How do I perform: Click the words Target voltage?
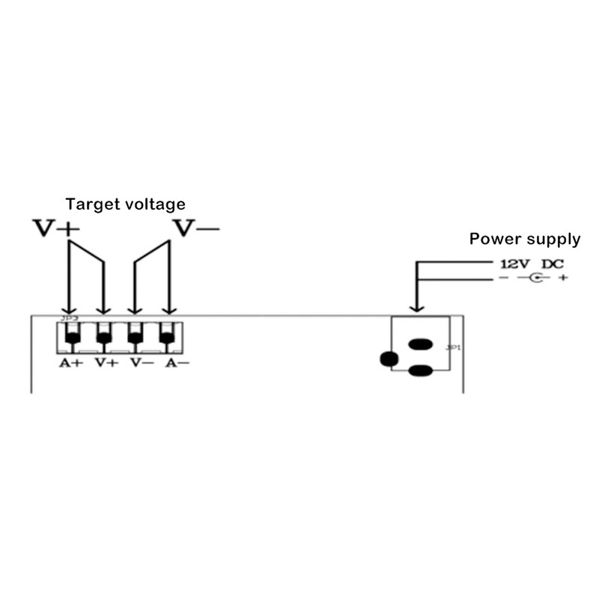[x=125, y=204]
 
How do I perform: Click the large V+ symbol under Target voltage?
[x=55, y=228]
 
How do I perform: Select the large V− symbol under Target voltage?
[x=197, y=228]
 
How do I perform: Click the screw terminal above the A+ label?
[x=71, y=336]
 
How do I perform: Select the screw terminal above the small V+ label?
[x=104, y=336]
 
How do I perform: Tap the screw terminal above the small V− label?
[x=136, y=336]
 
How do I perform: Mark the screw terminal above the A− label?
[x=168, y=336]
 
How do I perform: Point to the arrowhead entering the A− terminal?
[x=169, y=309]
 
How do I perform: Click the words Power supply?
[x=524, y=240]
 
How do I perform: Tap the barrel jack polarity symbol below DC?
[x=536, y=279]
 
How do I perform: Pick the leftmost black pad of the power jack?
[x=389, y=359]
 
